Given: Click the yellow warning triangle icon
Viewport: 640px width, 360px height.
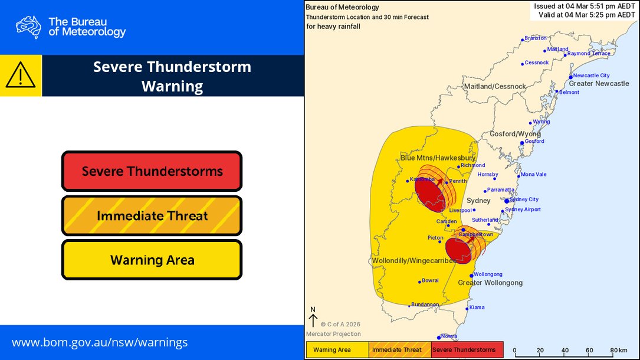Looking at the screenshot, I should (x=21, y=75).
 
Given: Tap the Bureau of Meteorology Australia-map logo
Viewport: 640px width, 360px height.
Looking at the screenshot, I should (x=28, y=27).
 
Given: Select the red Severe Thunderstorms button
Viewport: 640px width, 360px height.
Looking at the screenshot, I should (x=152, y=171).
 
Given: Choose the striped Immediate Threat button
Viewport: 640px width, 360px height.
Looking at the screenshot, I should (x=152, y=215).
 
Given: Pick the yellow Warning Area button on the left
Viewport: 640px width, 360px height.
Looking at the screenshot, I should (x=152, y=260).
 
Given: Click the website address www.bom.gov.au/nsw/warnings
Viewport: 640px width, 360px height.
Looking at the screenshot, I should (x=100, y=342).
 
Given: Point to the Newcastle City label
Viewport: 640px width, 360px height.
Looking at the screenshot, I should (x=591, y=76).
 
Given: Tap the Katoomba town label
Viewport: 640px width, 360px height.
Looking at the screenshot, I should (x=422, y=179).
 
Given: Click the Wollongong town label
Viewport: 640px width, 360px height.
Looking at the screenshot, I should (x=488, y=274).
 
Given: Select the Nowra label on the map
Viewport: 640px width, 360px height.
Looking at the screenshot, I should (x=449, y=336).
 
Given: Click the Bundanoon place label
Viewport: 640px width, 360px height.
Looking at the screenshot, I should (x=425, y=305).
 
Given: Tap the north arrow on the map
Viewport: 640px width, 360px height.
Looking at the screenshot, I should (x=313, y=319).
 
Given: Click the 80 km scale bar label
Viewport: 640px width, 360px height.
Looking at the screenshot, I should (x=619, y=350).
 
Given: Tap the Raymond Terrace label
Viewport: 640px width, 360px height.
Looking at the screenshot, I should (x=589, y=54).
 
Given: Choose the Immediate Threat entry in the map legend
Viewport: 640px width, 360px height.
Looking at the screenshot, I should (x=396, y=350).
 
